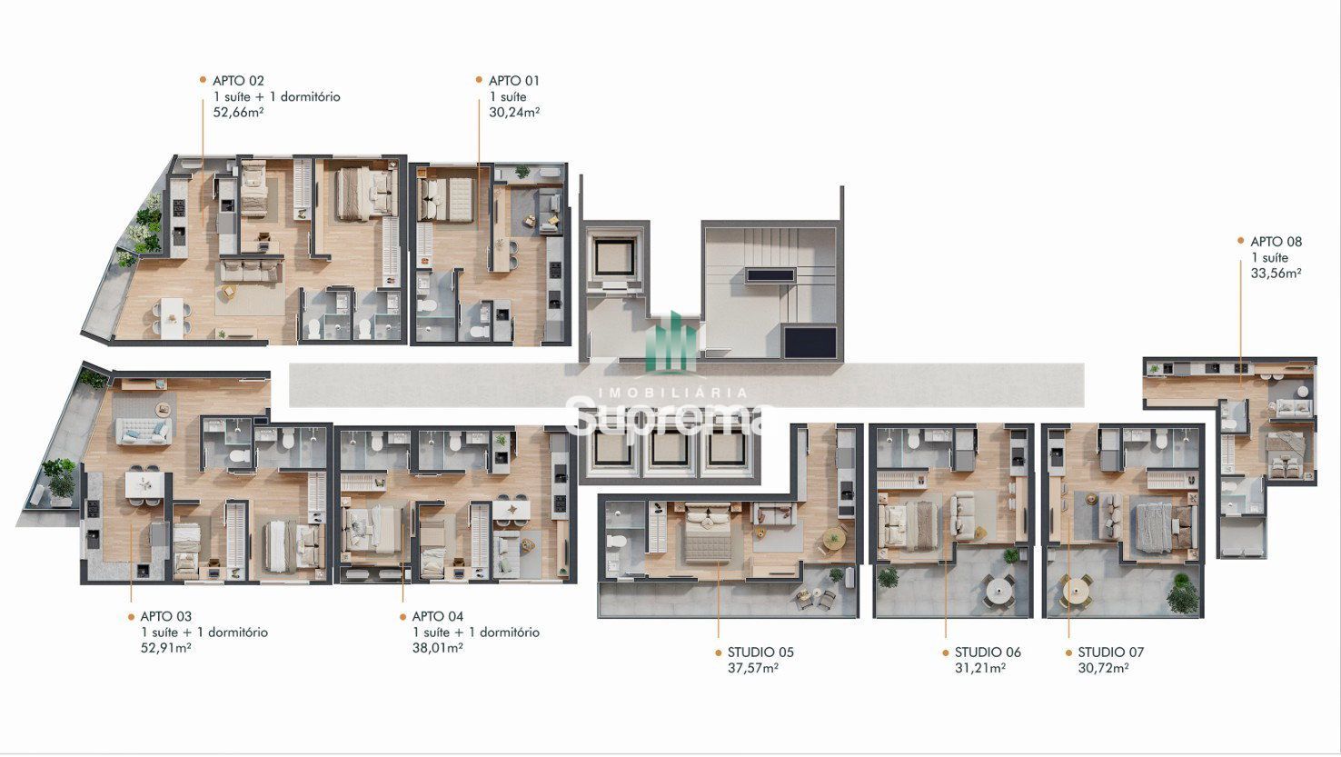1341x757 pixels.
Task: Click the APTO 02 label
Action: (x=238, y=81)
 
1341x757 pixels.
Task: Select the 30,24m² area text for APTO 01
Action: (x=514, y=112)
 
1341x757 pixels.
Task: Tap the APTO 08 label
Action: (x=1276, y=242)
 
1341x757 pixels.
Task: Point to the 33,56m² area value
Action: (x=1276, y=274)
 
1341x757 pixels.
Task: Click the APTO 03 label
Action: (x=166, y=616)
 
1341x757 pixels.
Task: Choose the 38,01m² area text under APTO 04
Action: (x=438, y=647)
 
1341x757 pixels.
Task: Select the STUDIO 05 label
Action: (x=760, y=652)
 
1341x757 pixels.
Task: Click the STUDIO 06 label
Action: (x=988, y=652)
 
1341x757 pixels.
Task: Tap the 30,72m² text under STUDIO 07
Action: (x=1103, y=668)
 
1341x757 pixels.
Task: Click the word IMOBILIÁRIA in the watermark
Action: (x=673, y=393)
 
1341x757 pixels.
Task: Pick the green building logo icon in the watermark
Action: (x=671, y=342)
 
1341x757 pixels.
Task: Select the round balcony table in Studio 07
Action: (x=1076, y=590)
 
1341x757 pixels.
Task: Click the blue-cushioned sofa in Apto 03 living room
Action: (x=143, y=431)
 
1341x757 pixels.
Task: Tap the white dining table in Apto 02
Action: (x=172, y=316)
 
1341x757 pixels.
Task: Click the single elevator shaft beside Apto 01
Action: (x=614, y=257)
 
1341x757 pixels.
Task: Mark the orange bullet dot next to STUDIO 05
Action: (x=719, y=652)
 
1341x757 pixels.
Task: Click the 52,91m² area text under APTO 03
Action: (x=166, y=647)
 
